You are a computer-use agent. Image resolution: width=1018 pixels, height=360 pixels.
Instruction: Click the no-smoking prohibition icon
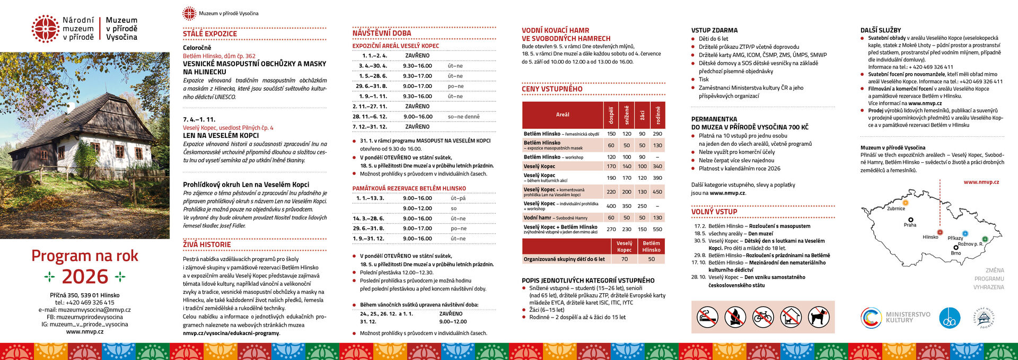707,317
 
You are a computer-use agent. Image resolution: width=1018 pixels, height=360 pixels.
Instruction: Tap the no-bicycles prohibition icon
762,317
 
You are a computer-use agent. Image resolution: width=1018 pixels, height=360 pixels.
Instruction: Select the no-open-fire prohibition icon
735,317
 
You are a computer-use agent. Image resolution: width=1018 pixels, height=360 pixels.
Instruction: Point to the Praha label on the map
910,225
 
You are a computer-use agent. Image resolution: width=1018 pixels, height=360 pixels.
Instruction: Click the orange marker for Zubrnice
906,203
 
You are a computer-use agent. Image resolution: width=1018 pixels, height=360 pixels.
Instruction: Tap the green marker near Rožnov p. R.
985,239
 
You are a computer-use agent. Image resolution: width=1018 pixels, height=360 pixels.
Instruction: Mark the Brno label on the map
955,253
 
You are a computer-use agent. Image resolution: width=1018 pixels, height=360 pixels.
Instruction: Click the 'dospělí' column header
611,115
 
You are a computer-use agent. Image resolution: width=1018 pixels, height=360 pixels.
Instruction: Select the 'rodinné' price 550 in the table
657,230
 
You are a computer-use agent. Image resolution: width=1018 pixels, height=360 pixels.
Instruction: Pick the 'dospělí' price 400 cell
611,206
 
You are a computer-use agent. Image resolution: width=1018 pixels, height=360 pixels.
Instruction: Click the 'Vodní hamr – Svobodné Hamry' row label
555,218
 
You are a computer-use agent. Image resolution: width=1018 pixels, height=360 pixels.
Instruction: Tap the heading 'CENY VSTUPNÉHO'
552,89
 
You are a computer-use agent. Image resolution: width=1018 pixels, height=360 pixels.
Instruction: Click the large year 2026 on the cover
85,277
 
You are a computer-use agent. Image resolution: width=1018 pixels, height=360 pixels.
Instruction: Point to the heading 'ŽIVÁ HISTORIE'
207,244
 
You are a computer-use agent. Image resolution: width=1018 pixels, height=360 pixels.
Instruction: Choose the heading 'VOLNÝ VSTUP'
714,212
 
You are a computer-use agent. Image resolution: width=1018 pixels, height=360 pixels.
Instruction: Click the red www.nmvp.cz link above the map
981,182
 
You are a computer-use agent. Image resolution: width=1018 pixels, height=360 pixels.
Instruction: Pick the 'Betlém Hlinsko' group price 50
651,259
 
